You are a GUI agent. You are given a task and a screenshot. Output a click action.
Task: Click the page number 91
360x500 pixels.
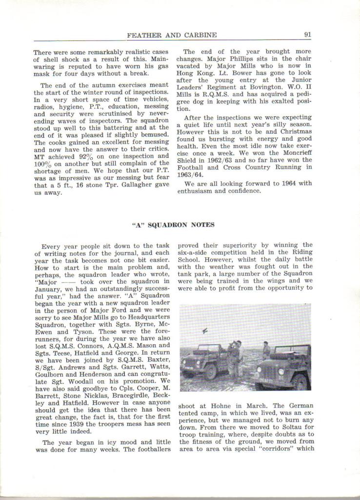307,35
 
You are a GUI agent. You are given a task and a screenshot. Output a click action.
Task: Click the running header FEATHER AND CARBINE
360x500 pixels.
172,35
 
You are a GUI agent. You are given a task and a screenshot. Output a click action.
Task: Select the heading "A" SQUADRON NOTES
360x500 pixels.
173,225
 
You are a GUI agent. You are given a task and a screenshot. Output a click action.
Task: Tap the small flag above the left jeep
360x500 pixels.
203,332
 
